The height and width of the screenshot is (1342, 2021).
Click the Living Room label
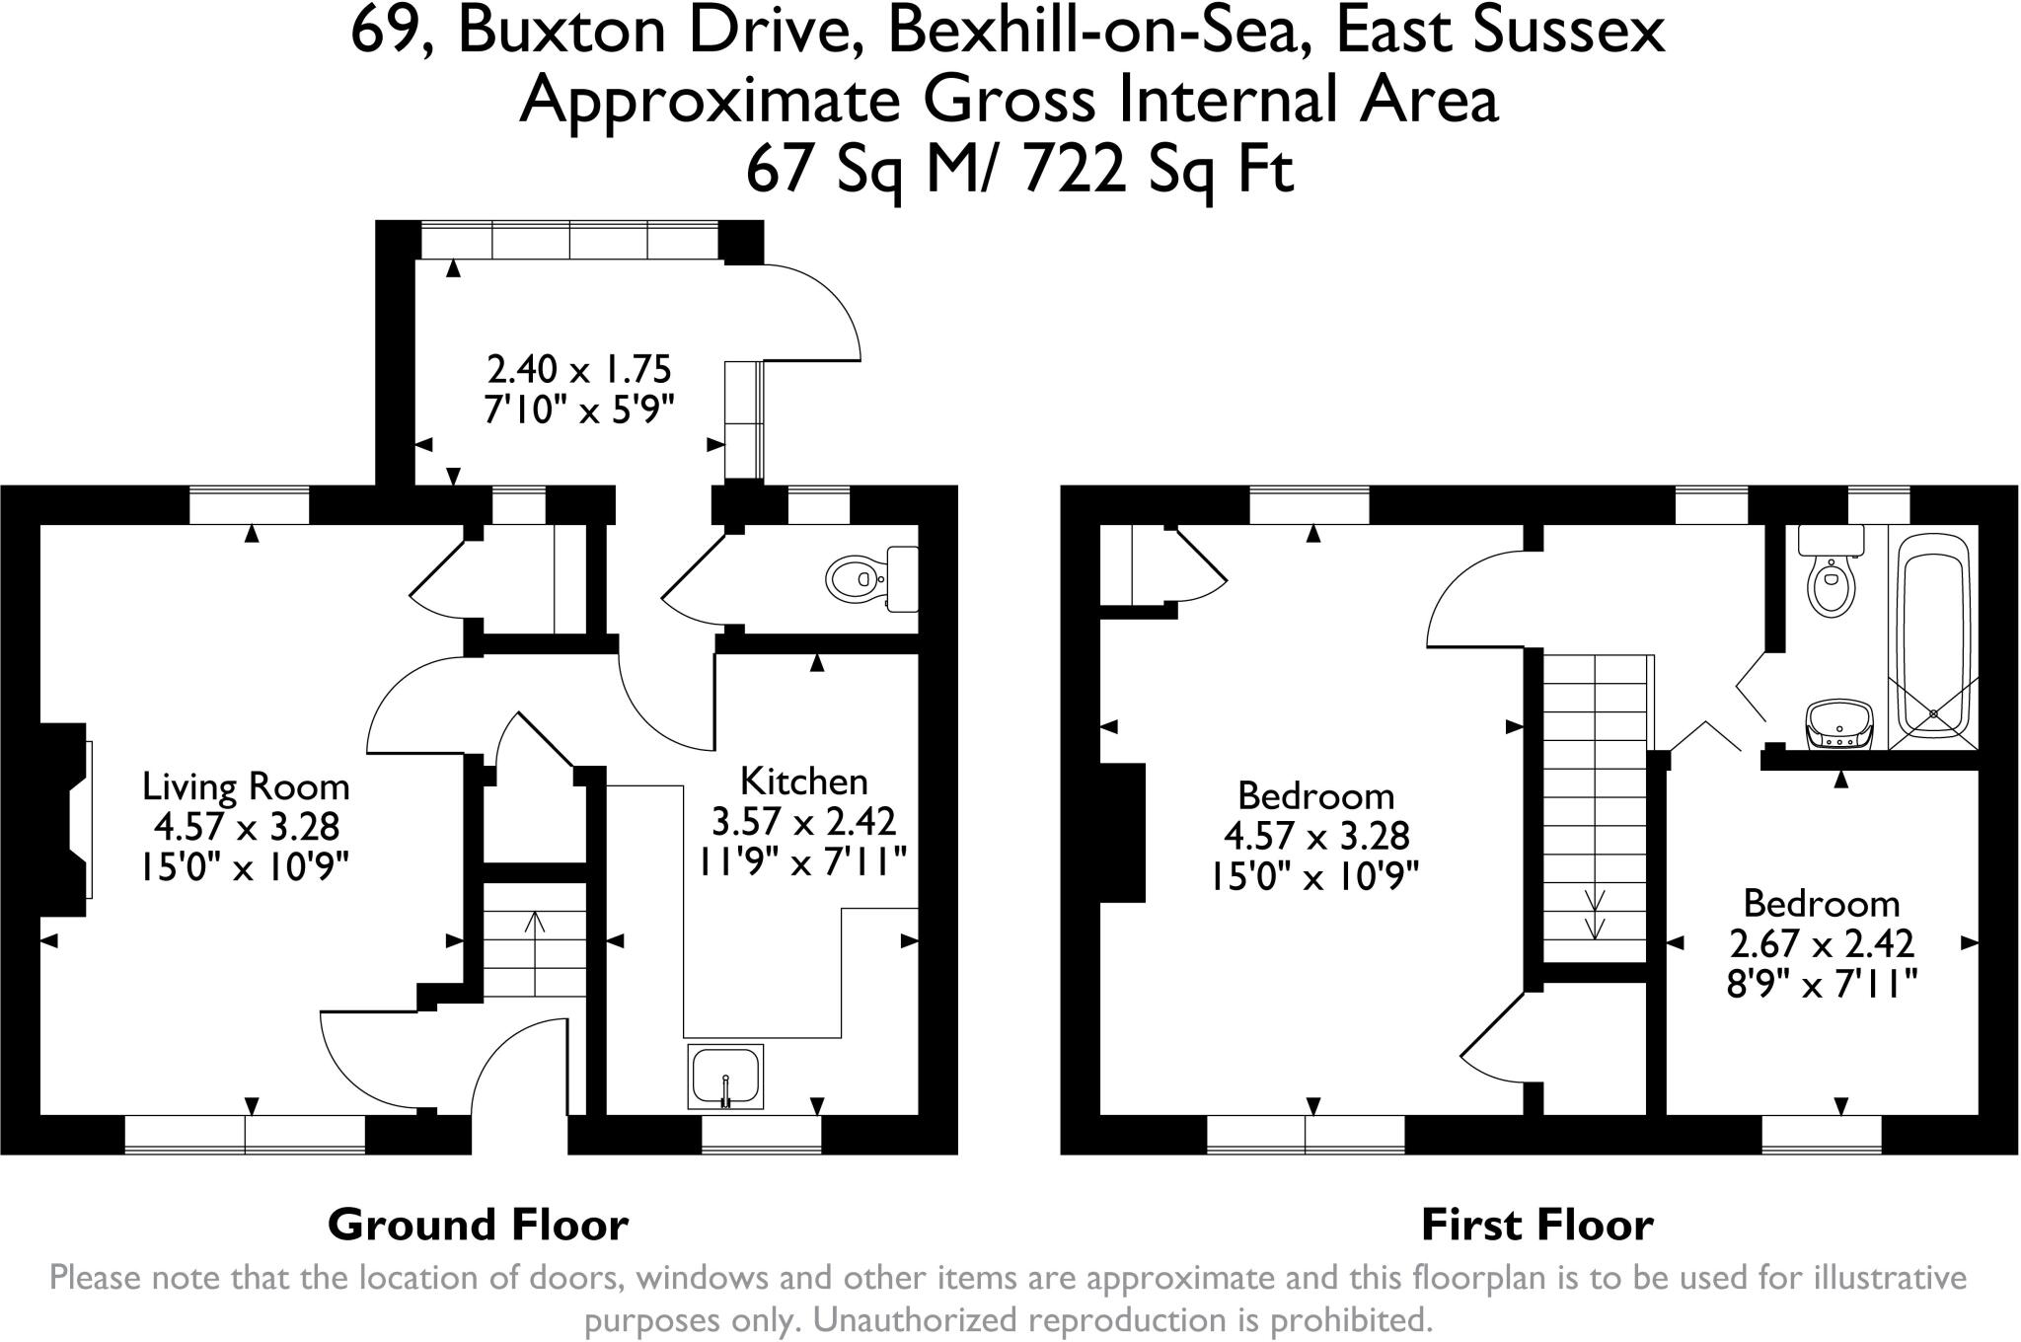tap(246, 786)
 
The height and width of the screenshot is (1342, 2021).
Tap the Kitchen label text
tap(803, 782)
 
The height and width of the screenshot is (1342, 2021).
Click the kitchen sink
tap(724, 1075)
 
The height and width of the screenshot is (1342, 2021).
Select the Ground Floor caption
tap(478, 1225)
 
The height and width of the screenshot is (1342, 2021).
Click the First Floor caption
tap(1536, 1225)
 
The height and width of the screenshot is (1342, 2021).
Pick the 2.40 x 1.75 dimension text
tap(579, 369)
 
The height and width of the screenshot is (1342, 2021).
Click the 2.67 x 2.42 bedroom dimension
tap(1822, 943)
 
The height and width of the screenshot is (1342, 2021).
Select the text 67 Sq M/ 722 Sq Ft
tap(1018, 171)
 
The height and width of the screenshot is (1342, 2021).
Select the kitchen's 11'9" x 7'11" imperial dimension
tap(803, 862)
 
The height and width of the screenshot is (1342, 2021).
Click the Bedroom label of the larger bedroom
tap(1315, 795)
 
